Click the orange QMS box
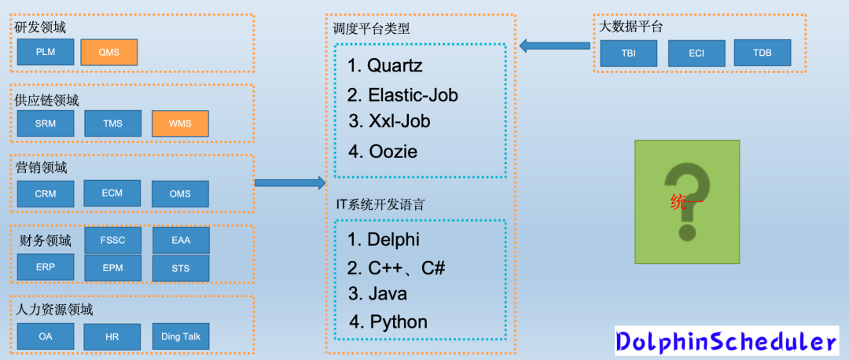click(x=108, y=53)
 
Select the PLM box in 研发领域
click(x=46, y=53)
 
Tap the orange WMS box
click(x=180, y=123)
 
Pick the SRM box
click(x=46, y=123)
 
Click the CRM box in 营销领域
click(x=46, y=193)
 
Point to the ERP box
click(x=46, y=267)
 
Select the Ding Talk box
click(x=181, y=336)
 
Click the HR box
click(x=112, y=337)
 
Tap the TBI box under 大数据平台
click(x=628, y=53)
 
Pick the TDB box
click(x=763, y=53)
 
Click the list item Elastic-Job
click(x=403, y=95)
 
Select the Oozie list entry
click(x=383, y=152)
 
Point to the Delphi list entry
click(x=384, y=240)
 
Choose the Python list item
click(x=388, y=321)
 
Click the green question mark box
click(x=687, y=202)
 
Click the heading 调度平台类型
click(x=372, y=28)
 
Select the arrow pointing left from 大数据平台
click(x=555, y=46)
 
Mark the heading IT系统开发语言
click(x=380, y=204)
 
